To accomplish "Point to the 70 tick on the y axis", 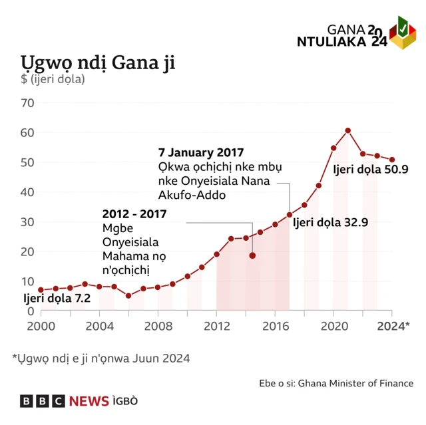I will click(x=27, y=103).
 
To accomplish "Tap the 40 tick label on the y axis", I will click(x=27, y=192).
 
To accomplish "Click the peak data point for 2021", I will click(x=348, y=130).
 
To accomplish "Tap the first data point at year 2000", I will click(x=41, y=290).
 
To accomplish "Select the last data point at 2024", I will click(x=392, y=160).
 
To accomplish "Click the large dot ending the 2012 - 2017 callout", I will click(x=252, y=255).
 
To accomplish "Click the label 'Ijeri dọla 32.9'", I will click(x=330, y=223).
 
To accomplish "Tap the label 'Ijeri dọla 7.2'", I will click(x=57, y=298).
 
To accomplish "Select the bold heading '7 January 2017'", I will click(x=200, y=152).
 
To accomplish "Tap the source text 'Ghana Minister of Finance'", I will click(x=355, y=383).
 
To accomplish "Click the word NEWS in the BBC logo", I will click(x=89, y=401).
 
